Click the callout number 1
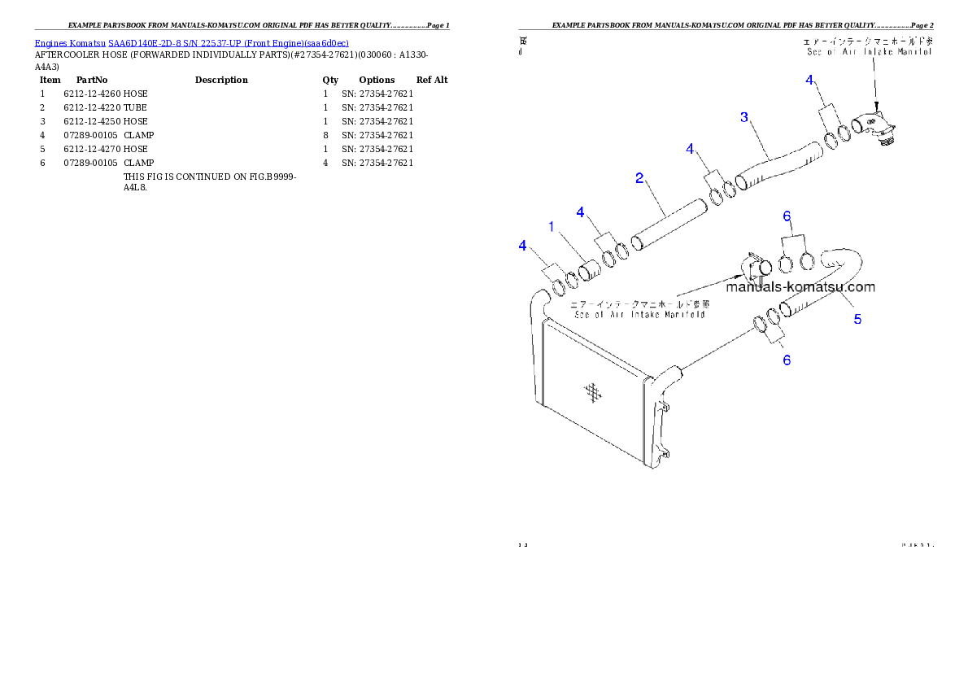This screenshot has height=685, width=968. tap(552, 227)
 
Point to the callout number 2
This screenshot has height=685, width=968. tap(640, 177)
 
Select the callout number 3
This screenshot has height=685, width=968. tap(743, 117)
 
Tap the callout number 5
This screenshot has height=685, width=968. tap(857, 320)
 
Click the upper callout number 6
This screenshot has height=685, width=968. tap(787, 216)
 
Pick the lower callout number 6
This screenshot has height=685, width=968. tap(787, 360)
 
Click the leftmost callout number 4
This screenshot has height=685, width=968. tap(523, 245)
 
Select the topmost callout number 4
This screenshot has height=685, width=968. tap(809, 80)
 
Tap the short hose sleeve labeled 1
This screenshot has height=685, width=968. tap(589, 268)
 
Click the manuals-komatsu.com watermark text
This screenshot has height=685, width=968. tap(800, 286)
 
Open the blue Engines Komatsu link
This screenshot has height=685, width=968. tap(191, 43)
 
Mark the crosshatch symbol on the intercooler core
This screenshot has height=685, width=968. tap(594, 392)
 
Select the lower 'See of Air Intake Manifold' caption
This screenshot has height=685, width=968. tap(639, 309)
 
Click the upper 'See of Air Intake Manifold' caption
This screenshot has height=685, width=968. tap(867, 46)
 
